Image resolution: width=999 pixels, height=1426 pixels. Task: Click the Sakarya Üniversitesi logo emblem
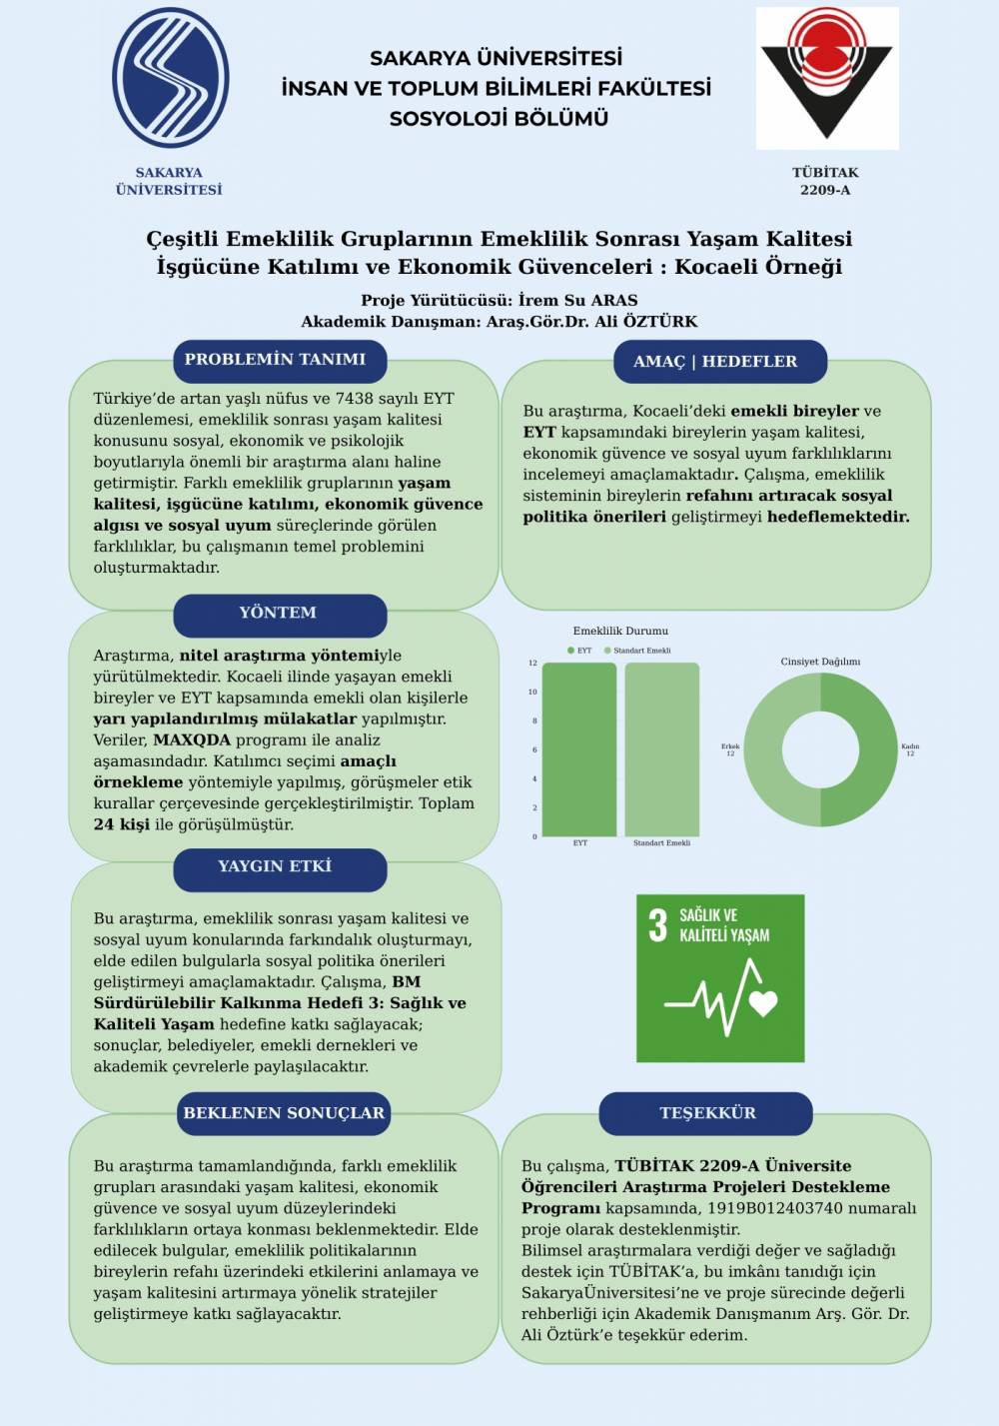[x=170, y=78]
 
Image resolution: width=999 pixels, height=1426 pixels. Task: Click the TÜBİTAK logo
[x=826, y=79]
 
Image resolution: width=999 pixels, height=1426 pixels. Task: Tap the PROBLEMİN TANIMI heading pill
[x=276, y=360]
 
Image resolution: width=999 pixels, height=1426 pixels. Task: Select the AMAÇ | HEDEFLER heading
[x=715, y=362]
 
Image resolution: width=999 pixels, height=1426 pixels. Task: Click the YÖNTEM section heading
[x=278, y=614]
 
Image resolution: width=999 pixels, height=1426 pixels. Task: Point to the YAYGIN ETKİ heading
[x=275, y=866]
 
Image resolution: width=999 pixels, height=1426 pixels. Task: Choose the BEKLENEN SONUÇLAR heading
[x=284, y=1113]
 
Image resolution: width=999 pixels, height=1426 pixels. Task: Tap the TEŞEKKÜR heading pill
[x=707, y=1113]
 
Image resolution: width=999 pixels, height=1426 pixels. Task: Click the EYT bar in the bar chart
[x=579, y=749]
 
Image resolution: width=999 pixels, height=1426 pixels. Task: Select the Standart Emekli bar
[x=661, y=749]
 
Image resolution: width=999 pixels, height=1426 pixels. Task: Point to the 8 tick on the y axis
[x=533, y=720]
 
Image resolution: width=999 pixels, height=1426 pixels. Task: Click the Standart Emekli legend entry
[x=640, y=651]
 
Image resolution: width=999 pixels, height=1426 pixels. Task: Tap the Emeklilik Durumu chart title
[x=620, y=632]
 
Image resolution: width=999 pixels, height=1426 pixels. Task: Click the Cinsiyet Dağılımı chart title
[x=820, y=662]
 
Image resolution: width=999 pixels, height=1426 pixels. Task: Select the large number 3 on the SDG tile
[x=657, y=925]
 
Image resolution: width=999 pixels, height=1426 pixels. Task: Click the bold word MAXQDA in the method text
[x=192, y=740]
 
